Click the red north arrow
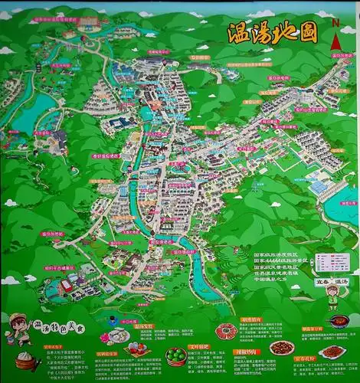tap(335, 44)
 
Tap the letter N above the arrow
tap(335, 22)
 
